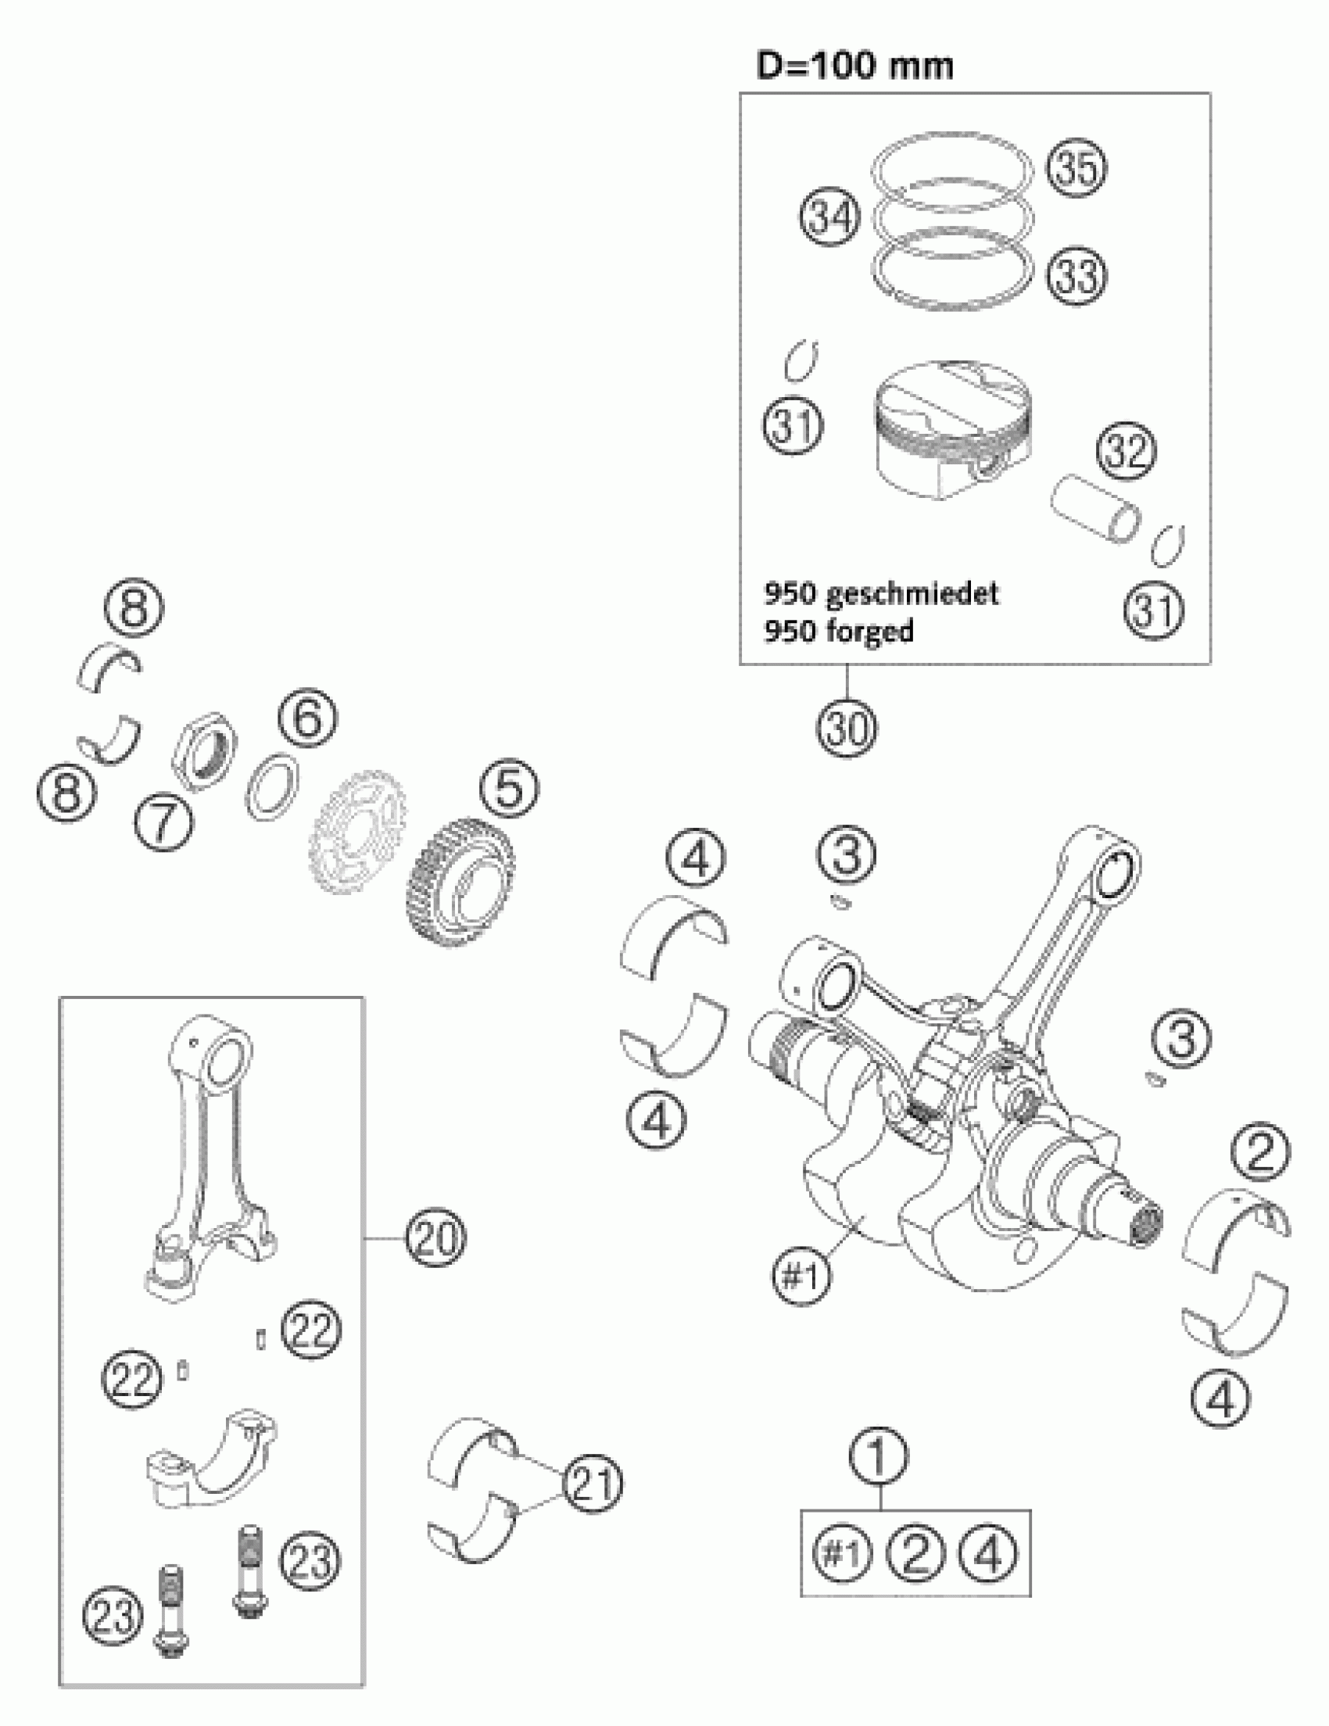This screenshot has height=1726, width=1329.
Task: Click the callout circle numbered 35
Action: pyautogui.click(x=1077, y=167)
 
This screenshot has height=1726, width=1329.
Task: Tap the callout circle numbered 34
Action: pyautogui.click(x=829, y=217)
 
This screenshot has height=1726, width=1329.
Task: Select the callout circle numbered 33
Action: pyautogui.click(x=1077, y=277)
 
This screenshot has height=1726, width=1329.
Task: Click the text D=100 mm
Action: pyautogui.click(x=854, y=66)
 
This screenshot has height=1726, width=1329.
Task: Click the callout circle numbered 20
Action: pyautogui.click(x=436, y=1237)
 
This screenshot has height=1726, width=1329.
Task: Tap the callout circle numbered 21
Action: pyautogui.click(x=593, y=1485)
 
